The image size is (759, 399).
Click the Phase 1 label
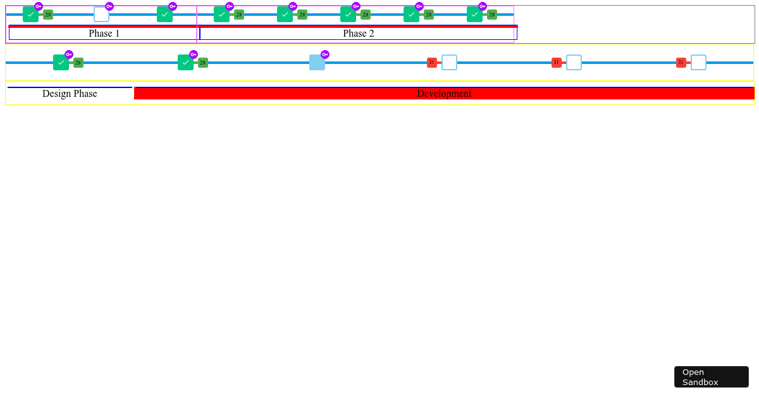click(104, 34)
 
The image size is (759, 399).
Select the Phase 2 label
click(359, 34)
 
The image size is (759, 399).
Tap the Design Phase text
click(70, 94)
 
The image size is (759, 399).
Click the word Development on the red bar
click(444, 94)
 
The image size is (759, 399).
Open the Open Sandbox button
click(711, 377)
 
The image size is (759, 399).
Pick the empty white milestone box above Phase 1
click(101, 15)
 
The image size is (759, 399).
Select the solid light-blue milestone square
click(317, 63)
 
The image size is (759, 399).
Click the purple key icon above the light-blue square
click(325, 54)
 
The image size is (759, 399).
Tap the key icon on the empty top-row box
click(109, 6)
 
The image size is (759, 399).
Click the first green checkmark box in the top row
click(30, 15)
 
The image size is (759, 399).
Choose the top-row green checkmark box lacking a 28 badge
click(164, 15)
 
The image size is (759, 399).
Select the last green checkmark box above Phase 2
click(475, 15)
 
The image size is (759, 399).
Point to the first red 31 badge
click(431, 63)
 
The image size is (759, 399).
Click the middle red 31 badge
click(557, 63)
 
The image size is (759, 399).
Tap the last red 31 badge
click(681, 63)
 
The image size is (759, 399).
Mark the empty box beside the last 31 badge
click(698, 63)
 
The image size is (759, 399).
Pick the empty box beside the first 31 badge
click(449, 63)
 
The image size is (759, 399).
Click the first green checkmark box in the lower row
click(61, 63)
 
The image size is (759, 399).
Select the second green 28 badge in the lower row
click(203, 63)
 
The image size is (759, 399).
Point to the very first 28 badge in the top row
click(48, 15)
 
